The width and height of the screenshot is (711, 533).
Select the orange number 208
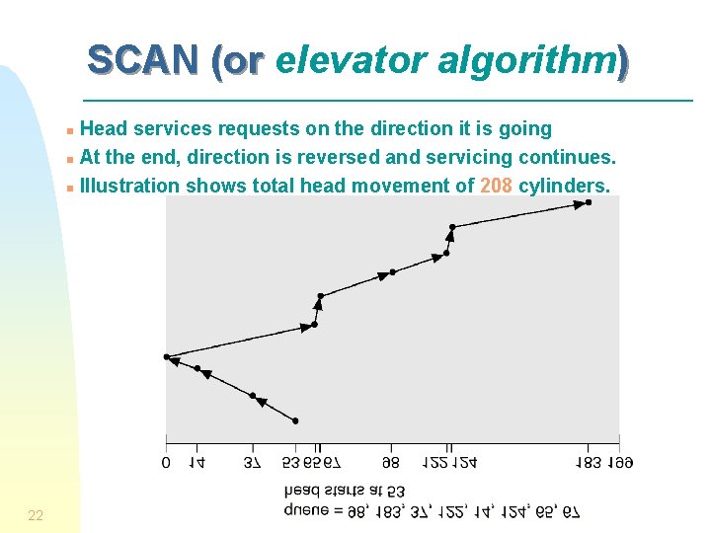tap(496, 186)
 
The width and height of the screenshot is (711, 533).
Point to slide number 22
tap(36, 515)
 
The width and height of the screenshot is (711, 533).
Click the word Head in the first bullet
tap(102, 128)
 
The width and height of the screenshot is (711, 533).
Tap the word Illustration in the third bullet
tap(130, 186)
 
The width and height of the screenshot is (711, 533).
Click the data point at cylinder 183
tap(589, 202)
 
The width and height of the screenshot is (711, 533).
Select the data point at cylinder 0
tap(166, 356)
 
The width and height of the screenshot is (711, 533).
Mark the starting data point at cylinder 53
tap(294, 420)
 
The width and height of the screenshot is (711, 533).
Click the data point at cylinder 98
tap(392, 271)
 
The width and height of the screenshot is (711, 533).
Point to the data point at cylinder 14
tap(197, 369)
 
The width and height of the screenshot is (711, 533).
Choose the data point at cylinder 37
tap(253, 396)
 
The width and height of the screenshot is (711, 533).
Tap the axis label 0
tap(166, 461)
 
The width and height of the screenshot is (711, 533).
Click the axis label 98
tap(392, 461)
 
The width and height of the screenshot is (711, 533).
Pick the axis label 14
tap(197, 461)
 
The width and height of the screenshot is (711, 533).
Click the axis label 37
tap(253, 461)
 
